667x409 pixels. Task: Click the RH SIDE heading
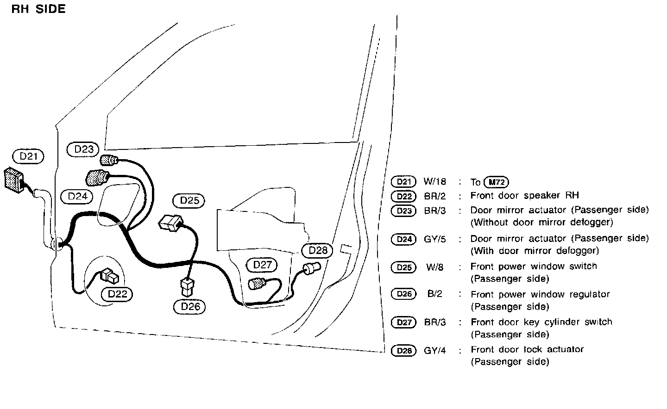(x=38, y=9)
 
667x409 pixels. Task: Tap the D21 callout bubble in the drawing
(x=28, y=156)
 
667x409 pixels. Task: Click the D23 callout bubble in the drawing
(x=84, y=149)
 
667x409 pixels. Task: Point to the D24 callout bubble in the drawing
(x=77, y=196)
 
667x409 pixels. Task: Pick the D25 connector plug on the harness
(x=169, y=223)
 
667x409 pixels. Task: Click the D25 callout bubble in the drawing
(x=189, y=200)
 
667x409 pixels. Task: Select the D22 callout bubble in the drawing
(x=117, y=294)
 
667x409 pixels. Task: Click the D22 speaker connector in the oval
(x=110, y=276)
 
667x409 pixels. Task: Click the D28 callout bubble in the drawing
(x=318, y=250)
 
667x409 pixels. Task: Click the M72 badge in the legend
(x=496, y=182)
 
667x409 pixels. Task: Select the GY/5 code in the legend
(x=435, y=239)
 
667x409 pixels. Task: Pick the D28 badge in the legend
(x=404, y=351)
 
